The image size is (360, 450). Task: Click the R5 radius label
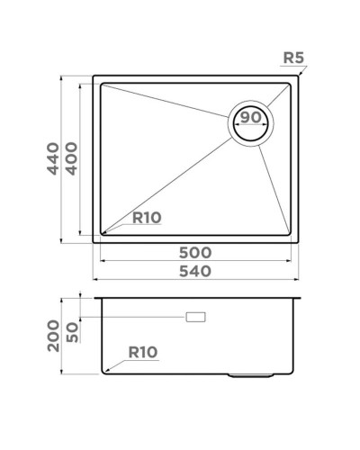coord(294,60)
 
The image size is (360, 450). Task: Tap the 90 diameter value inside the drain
coord(251,118)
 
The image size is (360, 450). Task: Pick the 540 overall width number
coord(194,271)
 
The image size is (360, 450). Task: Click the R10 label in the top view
coord(147,217)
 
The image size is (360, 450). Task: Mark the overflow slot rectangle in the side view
coord(194,318)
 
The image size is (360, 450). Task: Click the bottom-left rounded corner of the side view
coord(102,372)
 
